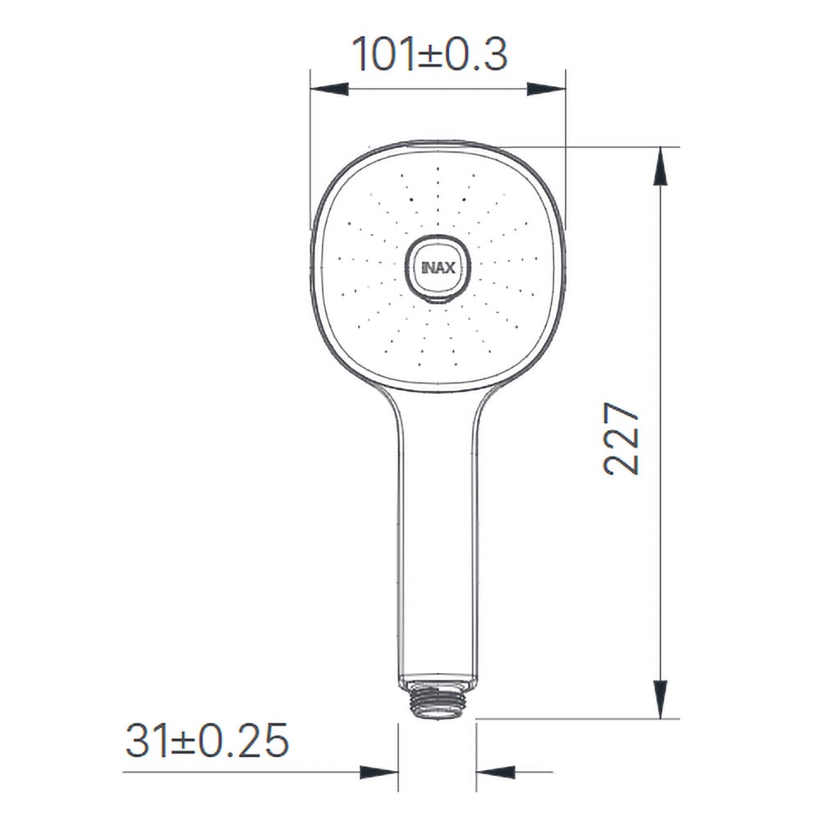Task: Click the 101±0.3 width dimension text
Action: tap(430, 54)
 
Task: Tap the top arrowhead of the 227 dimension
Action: tap(661, 168)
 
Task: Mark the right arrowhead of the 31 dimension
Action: tap(496, 772)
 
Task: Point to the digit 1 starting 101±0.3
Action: tap(362, 54)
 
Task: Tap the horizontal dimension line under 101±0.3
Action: tap(437, 89)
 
